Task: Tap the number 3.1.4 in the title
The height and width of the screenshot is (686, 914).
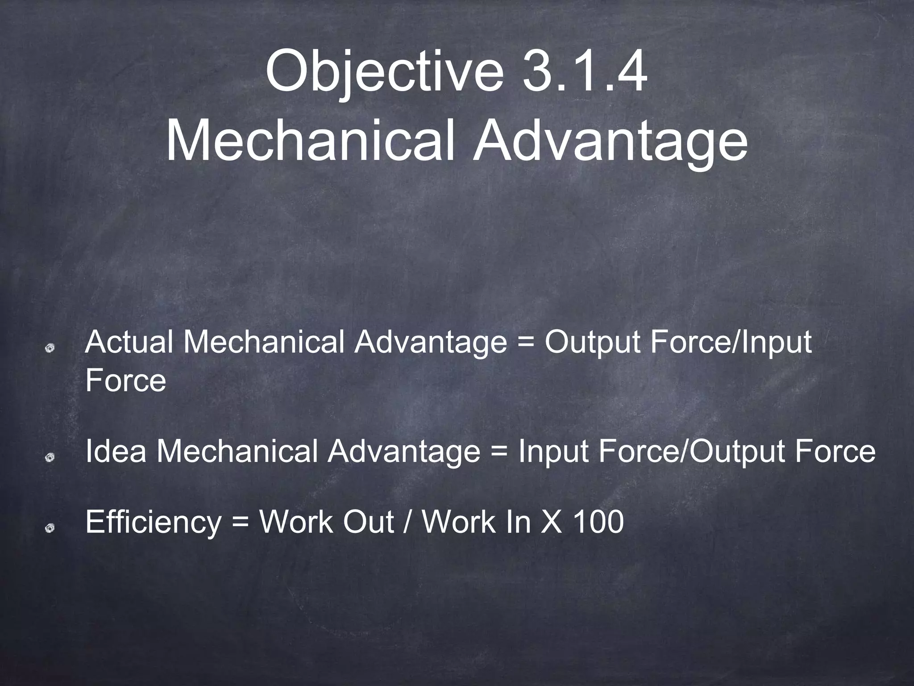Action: pos(585,71)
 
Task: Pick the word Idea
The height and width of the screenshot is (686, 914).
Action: pos(116,451)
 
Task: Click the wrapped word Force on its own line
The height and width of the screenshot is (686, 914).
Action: pos(125,381)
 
